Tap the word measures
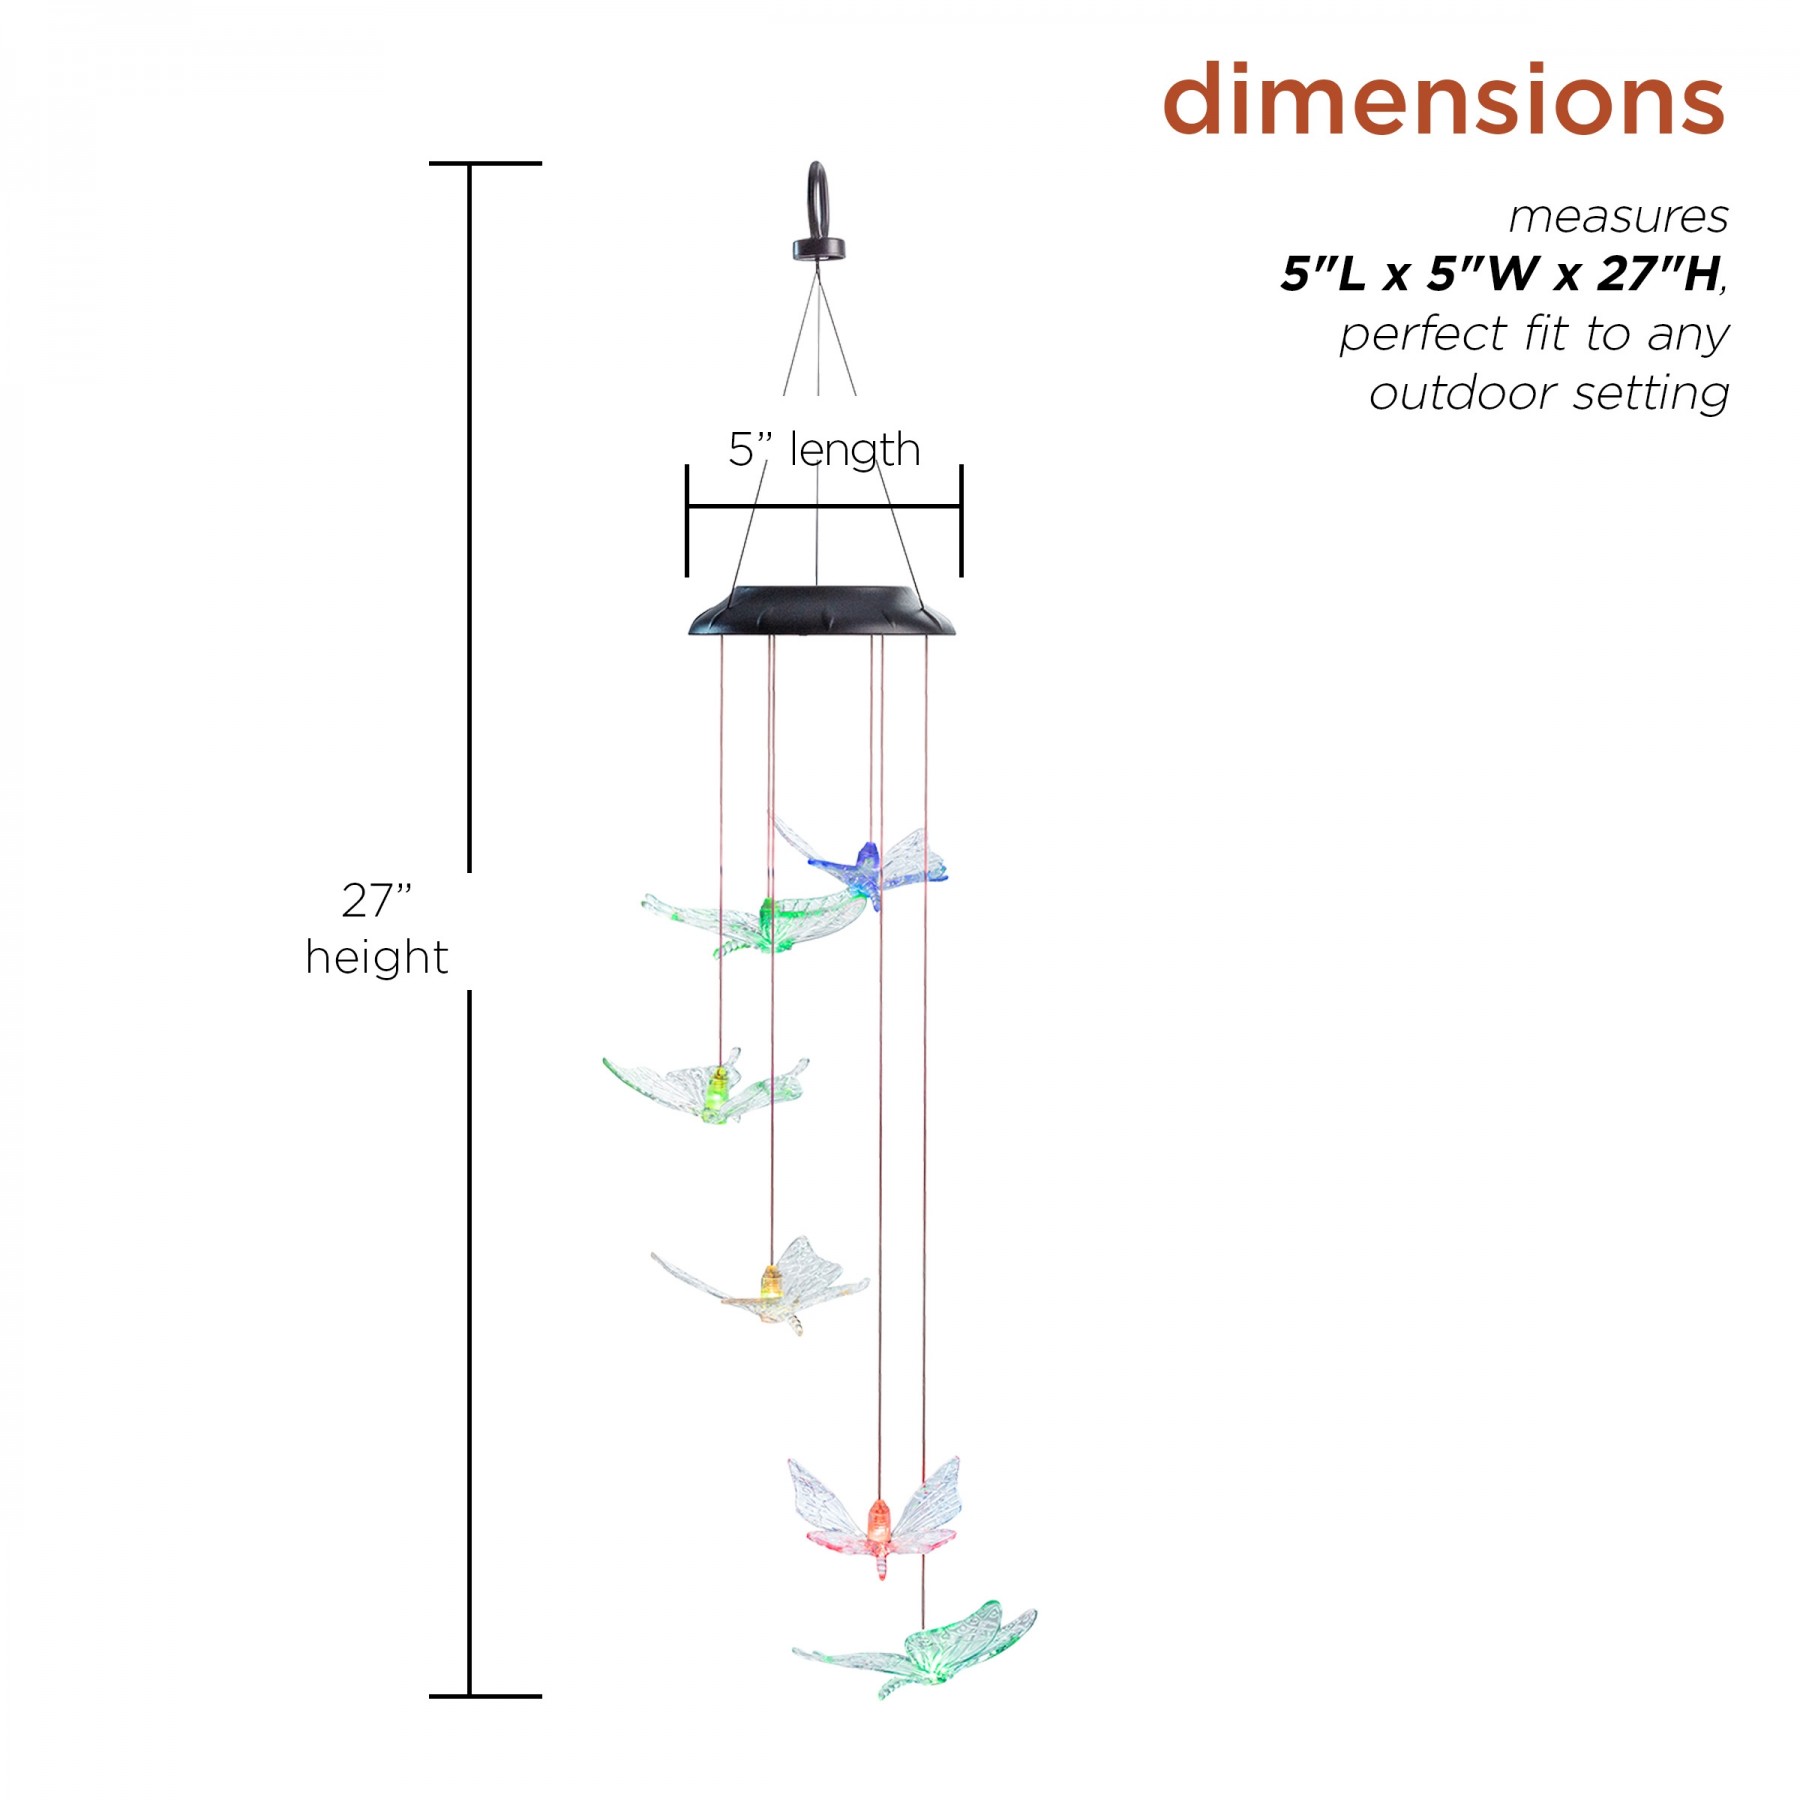1618,217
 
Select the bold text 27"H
1658,274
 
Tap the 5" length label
824,450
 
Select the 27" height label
376,929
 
